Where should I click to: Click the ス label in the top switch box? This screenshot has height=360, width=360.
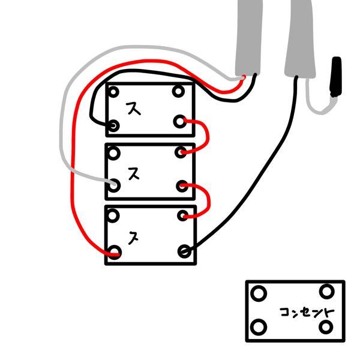pyautogui.click(x=133, y=108)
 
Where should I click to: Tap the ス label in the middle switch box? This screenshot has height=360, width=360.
pyautogui.click(x=134, y=173)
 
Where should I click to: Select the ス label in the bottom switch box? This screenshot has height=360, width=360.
pyautogui.click(x=133, y=238)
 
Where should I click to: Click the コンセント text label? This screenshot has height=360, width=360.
pyautogui.click(x=307, y=313)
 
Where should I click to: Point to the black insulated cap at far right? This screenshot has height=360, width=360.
pyautogui.click(x=336, y=77)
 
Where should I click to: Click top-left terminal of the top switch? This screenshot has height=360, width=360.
pyautogui.click(x=113, y=92)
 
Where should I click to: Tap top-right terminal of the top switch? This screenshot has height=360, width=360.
pyautogui.click(x=178, y=91)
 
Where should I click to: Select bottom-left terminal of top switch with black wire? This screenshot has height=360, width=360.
pyautogui.click(x=113, y=125)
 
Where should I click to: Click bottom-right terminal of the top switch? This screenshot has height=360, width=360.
pyautogui.click(x=179, y=122)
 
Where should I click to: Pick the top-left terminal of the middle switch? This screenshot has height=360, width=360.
pyautogui.click(x=113, y=154)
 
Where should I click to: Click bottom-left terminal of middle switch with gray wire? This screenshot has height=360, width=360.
pyautogui.click(x=114, y=185)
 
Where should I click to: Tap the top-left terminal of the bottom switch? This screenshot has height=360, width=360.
pyautogui.click(x=113, y=215)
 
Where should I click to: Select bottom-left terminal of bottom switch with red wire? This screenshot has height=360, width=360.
pyautogui.click(x=114, y=252)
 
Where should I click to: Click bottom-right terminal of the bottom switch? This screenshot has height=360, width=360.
pyautogui.click(x=184, y=251)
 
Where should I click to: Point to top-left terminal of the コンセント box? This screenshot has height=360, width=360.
pyautogui.click(x=259, y=293)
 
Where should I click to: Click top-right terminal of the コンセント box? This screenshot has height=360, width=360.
pyautogui.click(x=327, y=292)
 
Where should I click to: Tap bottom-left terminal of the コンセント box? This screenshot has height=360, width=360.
pyautogui.click(x=259, y=327)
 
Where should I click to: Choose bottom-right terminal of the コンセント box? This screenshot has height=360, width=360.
pyautogui.click(x=326, y=327)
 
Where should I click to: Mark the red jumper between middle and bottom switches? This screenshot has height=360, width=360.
pyautogui.click(x=209, y=200)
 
